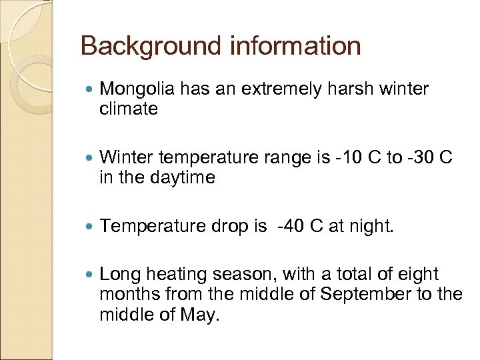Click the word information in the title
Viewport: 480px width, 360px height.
tap(295, 46)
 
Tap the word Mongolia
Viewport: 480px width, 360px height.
tap(139, 89)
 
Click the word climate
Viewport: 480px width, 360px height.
tap(128, 109)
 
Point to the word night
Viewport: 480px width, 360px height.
tap(372, 227)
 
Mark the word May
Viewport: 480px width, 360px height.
tap(201, 314)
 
